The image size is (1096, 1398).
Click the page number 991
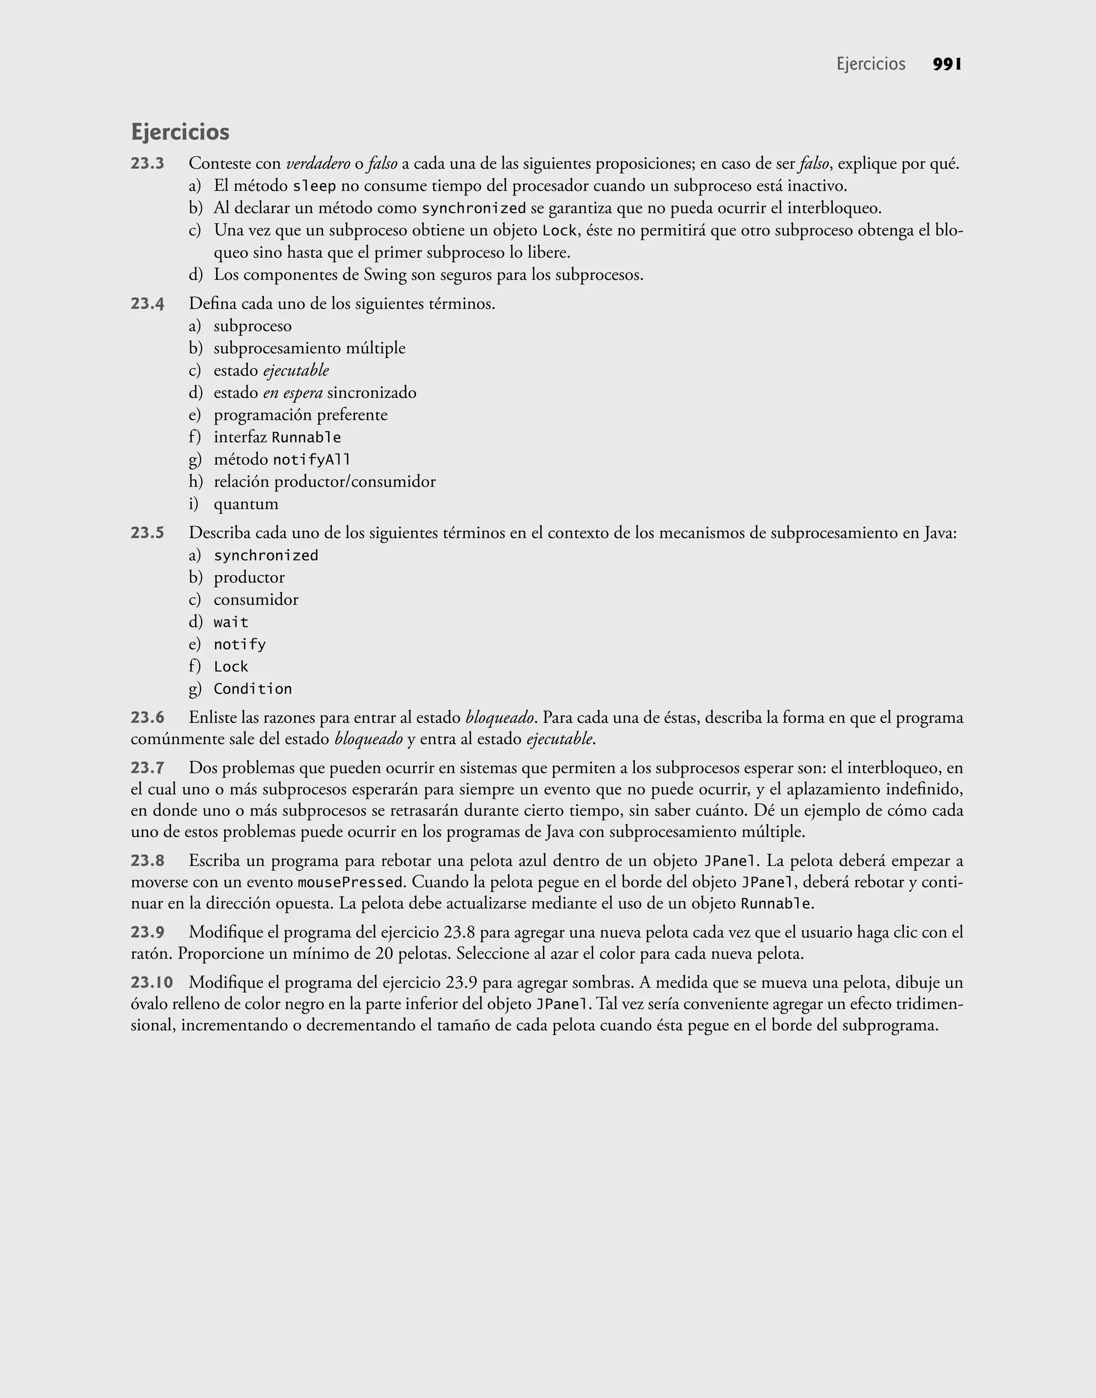pyautogui.click(x=947, y=64)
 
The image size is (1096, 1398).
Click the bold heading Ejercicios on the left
pyautogui.click(x=180, y=132)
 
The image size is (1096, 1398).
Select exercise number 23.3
pyautogui.click(x=148, y=164)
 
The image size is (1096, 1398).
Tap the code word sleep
pyautogui.click(x=314, y=187)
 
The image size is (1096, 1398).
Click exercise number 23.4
pyautogui.click(x=148, y=304)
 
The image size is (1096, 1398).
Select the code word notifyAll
pyautogui.click(x=311, y=459)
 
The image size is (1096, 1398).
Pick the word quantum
pyautogui.click(x=246, y=504)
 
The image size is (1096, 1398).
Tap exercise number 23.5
pyautogui.click(x=148, y=533)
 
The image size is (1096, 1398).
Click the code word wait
pyautogui.click(x=231, y=622)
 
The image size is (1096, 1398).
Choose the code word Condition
pyautogui.click(x=252, y=689)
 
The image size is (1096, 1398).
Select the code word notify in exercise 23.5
pyautogui.click(x=239, y=645)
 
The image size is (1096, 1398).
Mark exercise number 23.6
pyautogui.click(x=148, y=717)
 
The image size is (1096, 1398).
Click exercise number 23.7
pyautogui.click(x=148, y=768)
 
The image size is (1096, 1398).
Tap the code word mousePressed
pyautogui.click(x=349, y=882)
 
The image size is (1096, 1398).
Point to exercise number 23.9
pyautogui.click(x=148, y=932)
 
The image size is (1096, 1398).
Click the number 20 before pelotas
pyautogui.click(x=384, y=954)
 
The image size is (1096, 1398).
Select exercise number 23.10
pyautogui.click(x=152, y=982)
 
